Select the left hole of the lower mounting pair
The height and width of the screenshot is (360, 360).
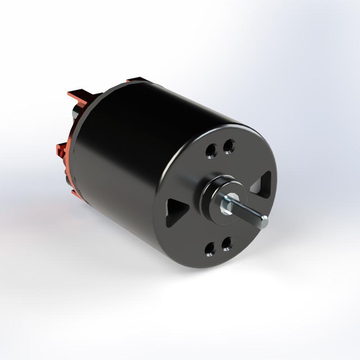[x=210, y=248]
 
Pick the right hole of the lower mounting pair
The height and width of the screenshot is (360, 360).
[x=227, y=243]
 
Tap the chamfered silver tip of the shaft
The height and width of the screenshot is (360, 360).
[x=263, y=221]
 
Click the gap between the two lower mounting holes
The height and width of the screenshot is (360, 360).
[x=219, y=246]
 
